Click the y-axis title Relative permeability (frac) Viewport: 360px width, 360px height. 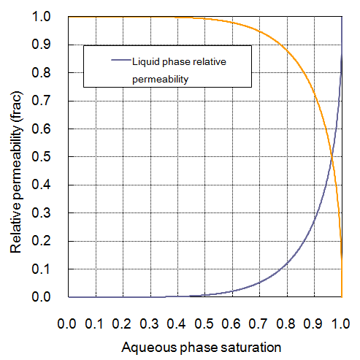[15, 156]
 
